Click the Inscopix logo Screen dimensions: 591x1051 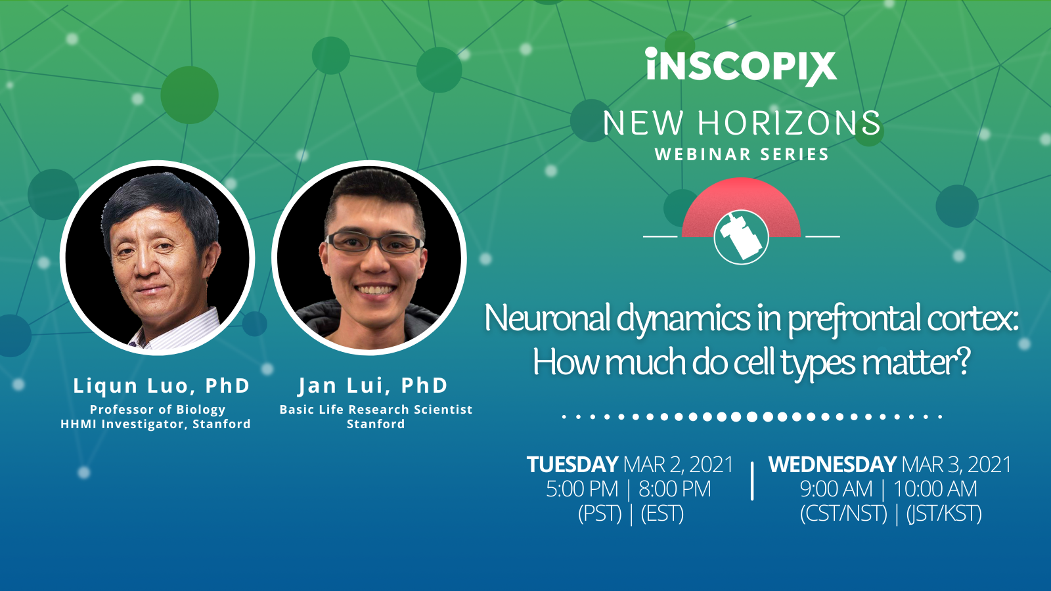pos(741,66)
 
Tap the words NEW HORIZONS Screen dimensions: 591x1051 pos(742,123)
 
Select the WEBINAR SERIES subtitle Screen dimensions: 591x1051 pos(742,155)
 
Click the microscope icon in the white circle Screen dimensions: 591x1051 pos(741,236)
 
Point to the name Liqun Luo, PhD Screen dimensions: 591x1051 pos(162,385)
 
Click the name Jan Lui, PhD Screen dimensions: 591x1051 pos(373,385)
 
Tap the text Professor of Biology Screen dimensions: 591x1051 pos(158,409)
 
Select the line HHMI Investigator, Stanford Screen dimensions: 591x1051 pos(156,424)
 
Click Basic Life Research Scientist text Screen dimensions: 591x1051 pos(376,409)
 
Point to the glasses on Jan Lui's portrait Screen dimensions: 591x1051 pos(374,244)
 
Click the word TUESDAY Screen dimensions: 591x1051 pos(572,465)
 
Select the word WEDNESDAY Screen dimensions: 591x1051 pos(832,465)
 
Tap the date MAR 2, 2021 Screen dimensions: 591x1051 pos(678,465)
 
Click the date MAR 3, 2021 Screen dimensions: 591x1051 pos(956,465)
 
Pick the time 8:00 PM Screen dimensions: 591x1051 pos(675,489)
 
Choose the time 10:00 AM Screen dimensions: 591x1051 pos(935,489)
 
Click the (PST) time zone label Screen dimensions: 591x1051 pos(600,514)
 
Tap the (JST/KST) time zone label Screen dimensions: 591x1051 pos(944,514)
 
